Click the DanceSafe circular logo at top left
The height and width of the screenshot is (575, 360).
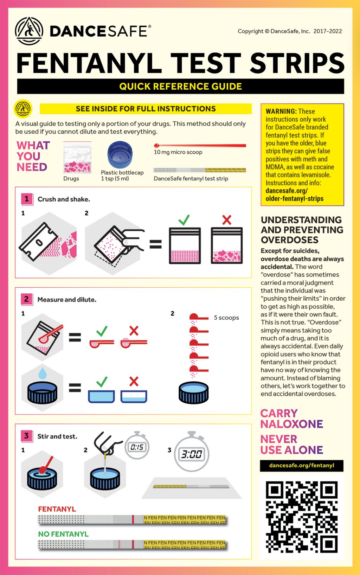29,31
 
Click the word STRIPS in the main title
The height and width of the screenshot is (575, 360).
297,63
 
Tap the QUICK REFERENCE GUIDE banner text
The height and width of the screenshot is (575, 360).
180,87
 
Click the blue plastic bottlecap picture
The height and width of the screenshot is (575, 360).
120,155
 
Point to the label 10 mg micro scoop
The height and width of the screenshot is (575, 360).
178,152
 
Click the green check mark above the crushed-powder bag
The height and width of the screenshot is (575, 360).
184,220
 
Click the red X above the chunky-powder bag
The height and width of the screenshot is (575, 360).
227,220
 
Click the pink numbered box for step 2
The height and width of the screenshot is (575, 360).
26,299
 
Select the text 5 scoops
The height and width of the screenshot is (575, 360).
226,318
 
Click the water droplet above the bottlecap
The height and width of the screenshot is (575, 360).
43,373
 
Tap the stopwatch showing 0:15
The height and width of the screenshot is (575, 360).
137,446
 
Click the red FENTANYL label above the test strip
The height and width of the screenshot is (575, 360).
57,509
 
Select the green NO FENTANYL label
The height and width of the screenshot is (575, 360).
63,534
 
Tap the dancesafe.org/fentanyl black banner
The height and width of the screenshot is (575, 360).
302,466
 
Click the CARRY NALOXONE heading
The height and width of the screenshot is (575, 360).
291,419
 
